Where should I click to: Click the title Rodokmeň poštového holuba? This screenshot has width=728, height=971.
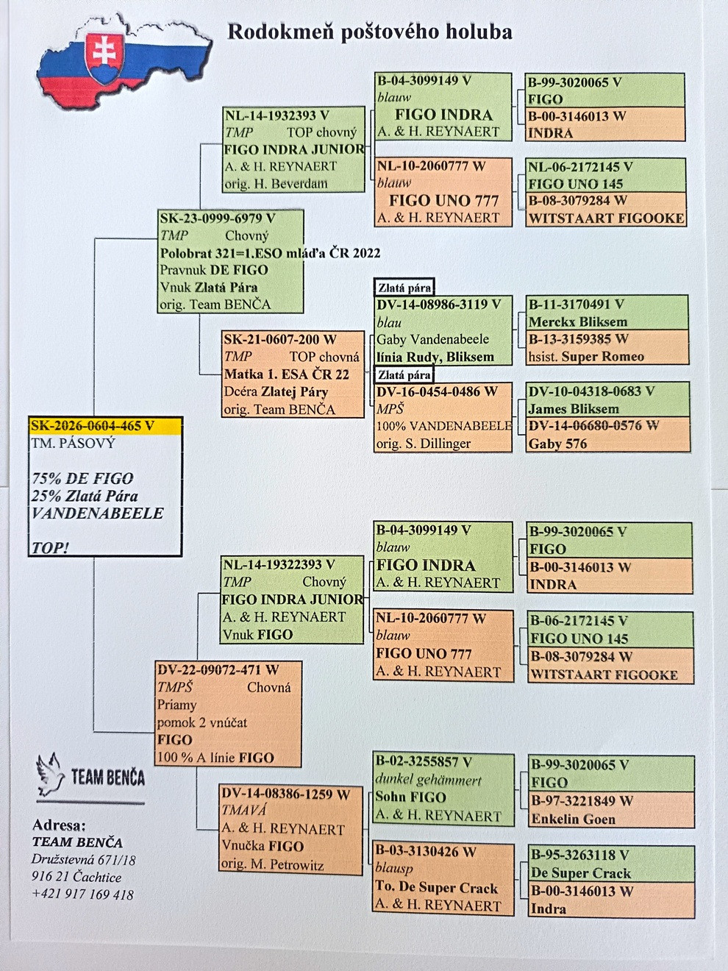(x=370, y=32)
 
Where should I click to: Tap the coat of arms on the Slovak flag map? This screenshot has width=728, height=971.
(x=104, y=57)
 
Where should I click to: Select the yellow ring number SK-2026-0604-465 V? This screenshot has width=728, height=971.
(x=93, y=426)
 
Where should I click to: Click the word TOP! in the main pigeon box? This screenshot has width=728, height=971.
(x=50, y=548)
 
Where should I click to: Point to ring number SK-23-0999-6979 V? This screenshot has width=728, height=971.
(x=218, y=218)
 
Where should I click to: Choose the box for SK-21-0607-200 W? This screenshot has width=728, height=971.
(x=293, y=374)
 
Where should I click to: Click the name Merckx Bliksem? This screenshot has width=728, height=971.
(x=578, y=321)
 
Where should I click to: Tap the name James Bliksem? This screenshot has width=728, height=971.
(x=574, y=408)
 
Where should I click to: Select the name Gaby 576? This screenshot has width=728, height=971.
(x=557, y=444)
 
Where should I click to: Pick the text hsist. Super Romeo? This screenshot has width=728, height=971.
(x=586, y=357)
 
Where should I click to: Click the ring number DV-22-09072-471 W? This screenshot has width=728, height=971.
(x=218, y=669)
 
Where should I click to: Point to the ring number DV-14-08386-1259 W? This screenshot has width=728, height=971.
(x=285, y=794)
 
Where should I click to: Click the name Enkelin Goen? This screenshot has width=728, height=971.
(x=574, y=819)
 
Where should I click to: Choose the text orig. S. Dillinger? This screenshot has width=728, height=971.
(x=424, y=444)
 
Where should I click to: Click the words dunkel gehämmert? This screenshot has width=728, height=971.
(x=428, y=780)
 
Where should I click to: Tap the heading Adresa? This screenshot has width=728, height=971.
(x=60, y=825)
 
